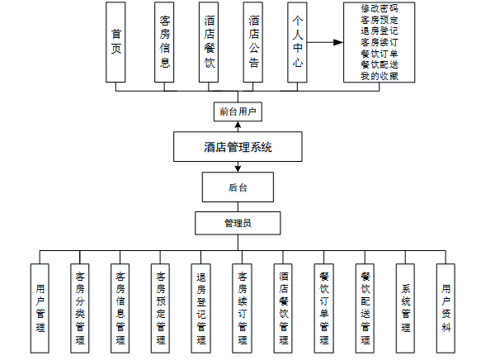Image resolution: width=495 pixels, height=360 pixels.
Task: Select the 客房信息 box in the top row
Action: coord(165,42)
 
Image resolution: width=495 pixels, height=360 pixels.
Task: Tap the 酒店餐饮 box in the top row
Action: coord(210,42)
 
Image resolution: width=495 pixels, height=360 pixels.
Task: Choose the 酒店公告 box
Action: coord(254,42)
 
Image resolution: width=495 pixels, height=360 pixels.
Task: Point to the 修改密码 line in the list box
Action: coord(379,8)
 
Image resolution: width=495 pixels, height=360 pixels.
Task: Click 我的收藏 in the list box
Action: coord(379,76)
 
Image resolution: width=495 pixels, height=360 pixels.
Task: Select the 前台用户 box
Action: coord(238,111)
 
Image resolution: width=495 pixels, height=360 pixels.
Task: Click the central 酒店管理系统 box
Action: coord(238,148)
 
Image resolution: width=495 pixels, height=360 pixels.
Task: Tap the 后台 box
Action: coord(238,187)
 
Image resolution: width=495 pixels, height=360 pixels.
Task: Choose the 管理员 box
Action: coord(238,223)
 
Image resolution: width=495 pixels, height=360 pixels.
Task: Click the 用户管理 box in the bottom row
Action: coord(40,307)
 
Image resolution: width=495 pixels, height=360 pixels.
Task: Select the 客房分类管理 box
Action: coord(80,307)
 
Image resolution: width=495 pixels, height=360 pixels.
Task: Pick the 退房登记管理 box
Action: coord(201,307)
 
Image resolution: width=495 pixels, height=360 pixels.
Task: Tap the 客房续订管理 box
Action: coord(242,307)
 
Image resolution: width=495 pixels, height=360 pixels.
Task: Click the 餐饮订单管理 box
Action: coord(323,307)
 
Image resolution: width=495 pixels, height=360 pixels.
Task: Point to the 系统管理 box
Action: coord(405,307)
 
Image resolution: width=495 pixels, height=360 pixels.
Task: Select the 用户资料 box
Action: coord(445,307)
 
